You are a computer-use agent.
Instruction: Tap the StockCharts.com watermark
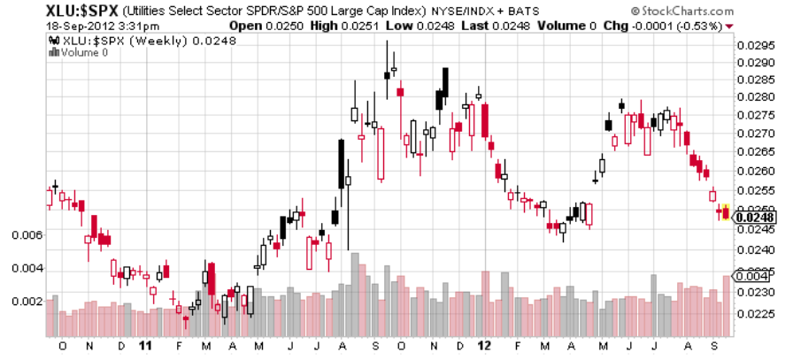point(682,11)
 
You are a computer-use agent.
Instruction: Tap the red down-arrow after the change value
point(729,26)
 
